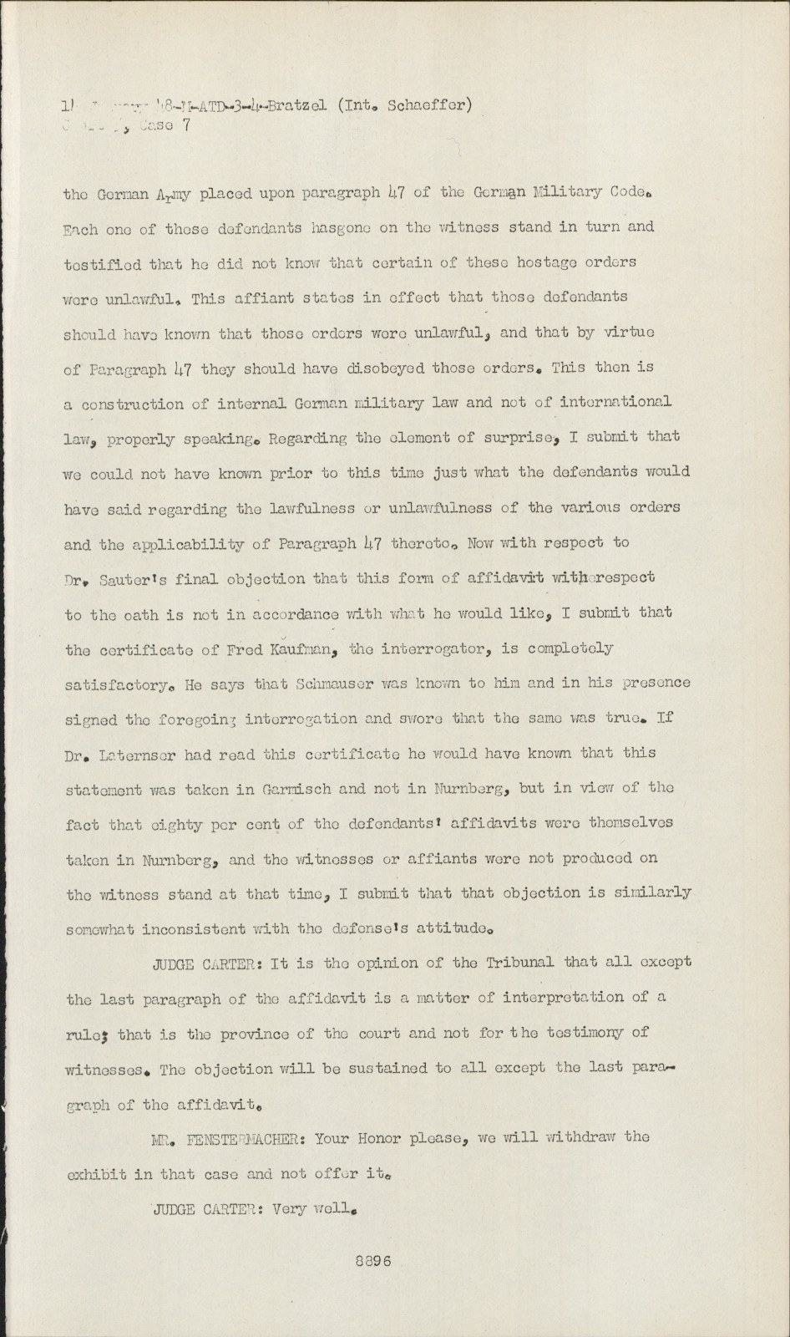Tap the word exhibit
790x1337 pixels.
[96, 1173]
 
